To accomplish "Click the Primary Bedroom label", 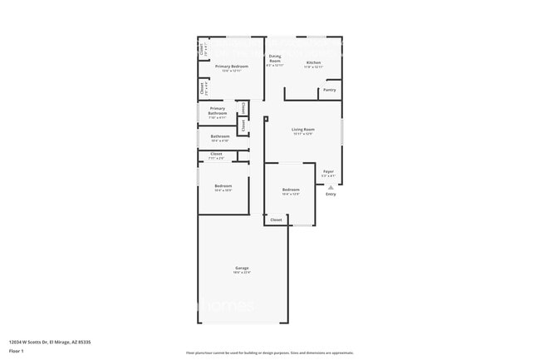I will point(232,66).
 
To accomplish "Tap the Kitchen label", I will point(313,62).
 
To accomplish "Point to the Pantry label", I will point(330,90).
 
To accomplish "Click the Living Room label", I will point(302,129).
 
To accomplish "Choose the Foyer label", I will point(328,171).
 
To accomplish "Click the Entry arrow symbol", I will point(331,187).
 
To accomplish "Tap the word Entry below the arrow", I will point(331,195).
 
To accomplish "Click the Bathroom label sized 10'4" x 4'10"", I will point(220,136).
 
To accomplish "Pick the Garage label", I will point(242,268).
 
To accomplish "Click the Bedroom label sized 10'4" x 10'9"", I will point(223,185).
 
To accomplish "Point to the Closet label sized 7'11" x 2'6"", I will point(216,154).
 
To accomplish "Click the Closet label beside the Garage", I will point(276,219).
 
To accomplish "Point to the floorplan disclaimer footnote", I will point(270,353).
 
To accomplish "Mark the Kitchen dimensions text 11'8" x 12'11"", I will point(313,67).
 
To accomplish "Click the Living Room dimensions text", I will point(302,134).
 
